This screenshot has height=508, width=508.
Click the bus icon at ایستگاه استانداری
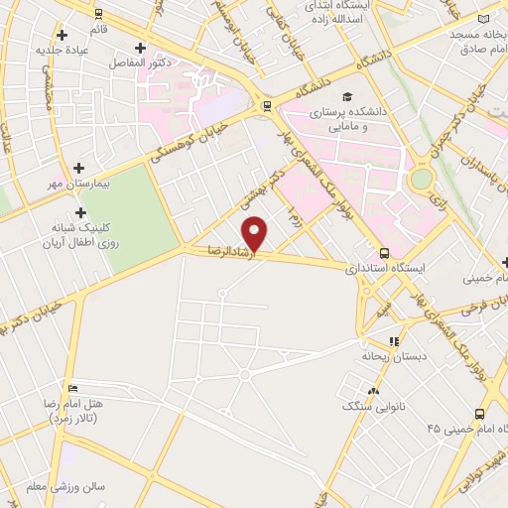(384, 253)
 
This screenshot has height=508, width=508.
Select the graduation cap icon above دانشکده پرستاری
(346, 96)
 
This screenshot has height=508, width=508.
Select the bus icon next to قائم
(97, 14)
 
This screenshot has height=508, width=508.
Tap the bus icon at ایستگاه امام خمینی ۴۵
(479, 414)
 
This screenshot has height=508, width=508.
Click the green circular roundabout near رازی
(422, 180)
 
